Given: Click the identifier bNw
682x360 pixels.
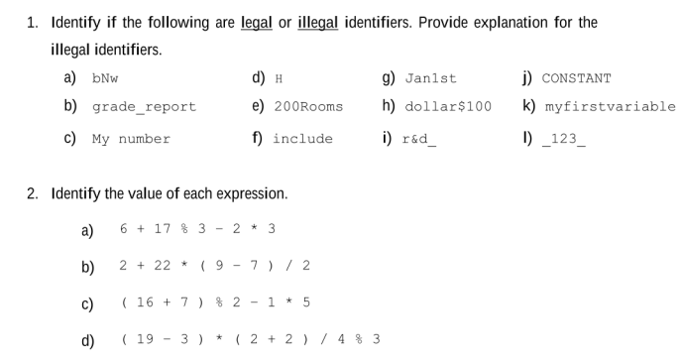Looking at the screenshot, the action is [105, 78].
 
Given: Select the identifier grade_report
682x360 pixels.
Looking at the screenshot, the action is [144, 107].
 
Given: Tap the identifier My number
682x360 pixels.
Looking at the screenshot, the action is [131, 139].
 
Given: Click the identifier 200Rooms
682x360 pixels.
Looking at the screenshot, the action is [308, 107].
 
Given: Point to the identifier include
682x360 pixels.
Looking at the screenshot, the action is [302, 139].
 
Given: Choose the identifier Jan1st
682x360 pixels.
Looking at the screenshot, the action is [432, 78].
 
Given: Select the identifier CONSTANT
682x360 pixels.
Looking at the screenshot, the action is [576, 78].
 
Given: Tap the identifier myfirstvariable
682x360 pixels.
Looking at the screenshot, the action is [610, 107].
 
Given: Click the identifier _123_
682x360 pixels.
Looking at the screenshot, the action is [565, 139].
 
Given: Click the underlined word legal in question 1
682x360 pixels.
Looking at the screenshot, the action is [258, 22].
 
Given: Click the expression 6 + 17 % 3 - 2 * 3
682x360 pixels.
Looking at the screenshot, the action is [197, 229].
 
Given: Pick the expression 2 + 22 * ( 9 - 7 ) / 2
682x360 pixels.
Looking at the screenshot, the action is [215, 265].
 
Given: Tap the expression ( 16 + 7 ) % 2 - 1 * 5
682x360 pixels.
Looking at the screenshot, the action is [215, 301].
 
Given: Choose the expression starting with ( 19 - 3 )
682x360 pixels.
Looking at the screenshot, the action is [250, 339].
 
